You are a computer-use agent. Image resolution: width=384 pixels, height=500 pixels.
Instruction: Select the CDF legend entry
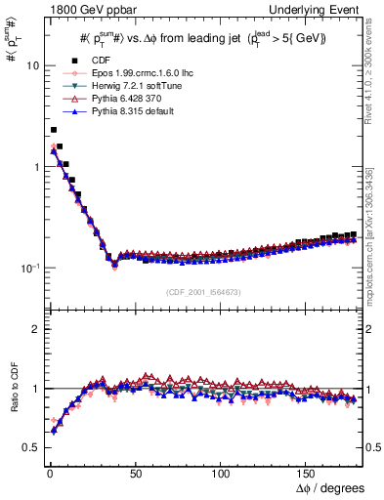(x=89, y=61)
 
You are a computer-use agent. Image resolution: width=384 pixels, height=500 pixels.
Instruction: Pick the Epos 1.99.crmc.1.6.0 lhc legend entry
(x=127, y=73)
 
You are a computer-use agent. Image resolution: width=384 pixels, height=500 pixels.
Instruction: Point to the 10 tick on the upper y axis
(x=31, y=65)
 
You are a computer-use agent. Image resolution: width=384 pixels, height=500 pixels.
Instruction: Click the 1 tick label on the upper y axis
(x=34, y=167)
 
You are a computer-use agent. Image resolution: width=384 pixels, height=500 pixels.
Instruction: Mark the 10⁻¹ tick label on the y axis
(x=29, y=268)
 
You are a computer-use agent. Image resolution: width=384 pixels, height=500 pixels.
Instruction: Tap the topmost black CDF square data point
(x=53, y=129)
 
